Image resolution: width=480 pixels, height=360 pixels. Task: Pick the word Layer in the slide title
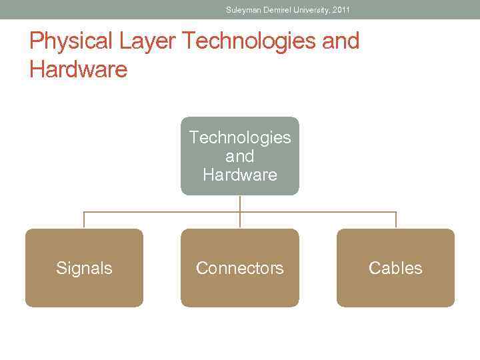point(148,41)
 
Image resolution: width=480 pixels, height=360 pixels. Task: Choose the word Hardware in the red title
point(78,69)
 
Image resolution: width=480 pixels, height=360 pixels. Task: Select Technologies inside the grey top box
point(240,137)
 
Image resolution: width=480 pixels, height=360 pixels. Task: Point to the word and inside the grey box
point(240,156)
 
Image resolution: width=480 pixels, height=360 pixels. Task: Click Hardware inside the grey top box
point(240,175)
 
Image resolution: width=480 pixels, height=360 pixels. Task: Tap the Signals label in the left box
point(84,268)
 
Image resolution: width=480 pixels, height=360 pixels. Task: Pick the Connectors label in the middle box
point(240,268)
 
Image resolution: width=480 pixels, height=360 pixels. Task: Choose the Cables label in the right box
point(395,268)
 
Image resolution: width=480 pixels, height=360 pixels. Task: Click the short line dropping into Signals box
point(84,221)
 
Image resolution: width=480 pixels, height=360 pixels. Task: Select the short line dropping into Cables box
point(396,221)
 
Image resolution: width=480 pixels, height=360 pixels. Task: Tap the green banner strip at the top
point(100,9)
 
